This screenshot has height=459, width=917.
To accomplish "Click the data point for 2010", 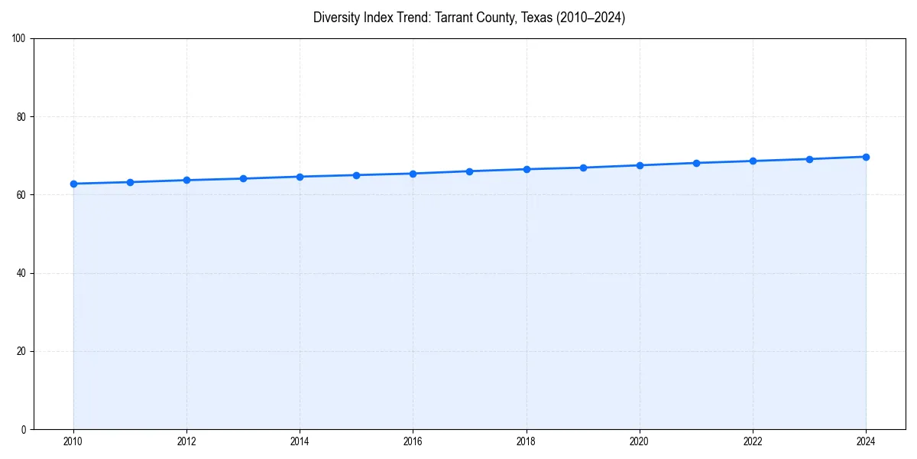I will [73, 184].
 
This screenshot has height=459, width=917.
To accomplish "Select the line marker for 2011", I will [130, 182].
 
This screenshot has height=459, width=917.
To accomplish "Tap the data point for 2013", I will [243, 178].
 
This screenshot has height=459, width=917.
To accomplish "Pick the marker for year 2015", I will [356, 175].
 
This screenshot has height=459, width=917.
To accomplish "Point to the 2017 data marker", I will [469, 171].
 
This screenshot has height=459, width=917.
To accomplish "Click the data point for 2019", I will [583, 168].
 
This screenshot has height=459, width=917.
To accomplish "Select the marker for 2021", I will [696, 163].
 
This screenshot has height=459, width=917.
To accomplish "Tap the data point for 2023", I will [809, 159].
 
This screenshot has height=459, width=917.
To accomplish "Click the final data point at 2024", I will [866, 157].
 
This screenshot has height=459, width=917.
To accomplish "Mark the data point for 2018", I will [527, 169].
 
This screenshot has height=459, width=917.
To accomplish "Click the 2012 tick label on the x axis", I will [186, 441].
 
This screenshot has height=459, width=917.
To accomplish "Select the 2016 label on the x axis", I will [413, 441].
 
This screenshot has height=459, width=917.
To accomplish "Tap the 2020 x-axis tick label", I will [640, 441].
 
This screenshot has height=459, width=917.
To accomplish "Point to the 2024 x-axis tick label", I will [866, 441].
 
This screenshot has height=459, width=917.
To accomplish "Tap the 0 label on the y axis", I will [24, 429].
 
